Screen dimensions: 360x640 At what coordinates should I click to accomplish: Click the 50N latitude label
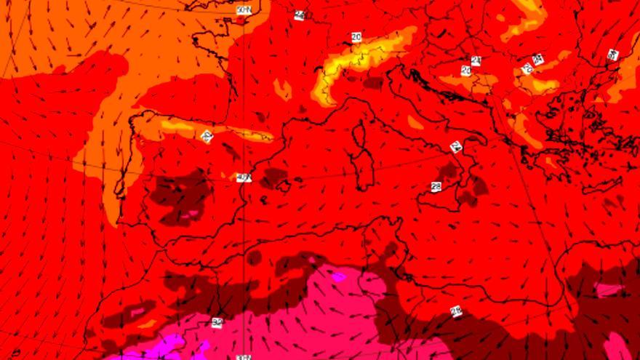(x=244, y=9)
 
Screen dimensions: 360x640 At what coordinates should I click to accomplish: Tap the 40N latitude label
(x=244, y=177)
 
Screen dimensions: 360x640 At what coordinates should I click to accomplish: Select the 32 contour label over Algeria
(x=217, y=322)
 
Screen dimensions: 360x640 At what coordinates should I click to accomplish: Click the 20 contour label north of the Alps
(x=356, y=36)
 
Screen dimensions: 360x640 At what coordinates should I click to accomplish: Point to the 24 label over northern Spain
(x=207, y=136)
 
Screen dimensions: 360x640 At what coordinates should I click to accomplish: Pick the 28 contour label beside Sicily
(x=436, y=187)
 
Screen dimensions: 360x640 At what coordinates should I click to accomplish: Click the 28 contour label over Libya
(x=457, y=311)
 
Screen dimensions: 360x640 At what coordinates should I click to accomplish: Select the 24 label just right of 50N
(x=299, y=15)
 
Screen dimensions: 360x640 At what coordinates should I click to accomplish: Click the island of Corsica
(x=358, y=135)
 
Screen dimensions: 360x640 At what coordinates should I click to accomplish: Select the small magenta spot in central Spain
(x=192, y=215)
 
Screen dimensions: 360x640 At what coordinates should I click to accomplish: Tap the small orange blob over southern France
(x=282, y=89)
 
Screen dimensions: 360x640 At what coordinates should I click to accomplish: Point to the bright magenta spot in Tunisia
(x=339, y=276)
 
